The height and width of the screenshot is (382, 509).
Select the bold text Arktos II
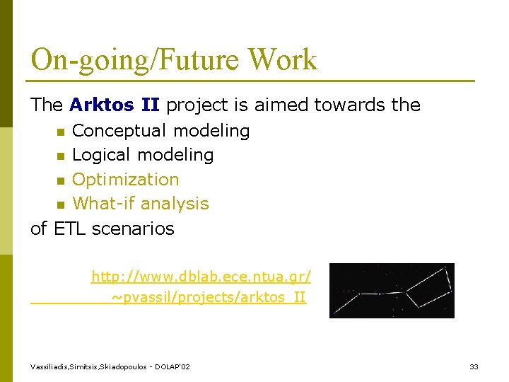pos(115,105)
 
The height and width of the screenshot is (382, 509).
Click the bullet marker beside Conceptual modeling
pos(61,132)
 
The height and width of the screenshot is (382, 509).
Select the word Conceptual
pos(119,131)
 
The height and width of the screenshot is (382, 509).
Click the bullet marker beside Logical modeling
pos(61,156)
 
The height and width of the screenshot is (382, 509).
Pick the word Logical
pos(100,156)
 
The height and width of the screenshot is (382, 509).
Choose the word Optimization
pos(126,180)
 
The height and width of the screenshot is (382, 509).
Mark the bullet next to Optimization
pos(61,180)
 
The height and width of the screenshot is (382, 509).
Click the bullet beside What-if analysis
pos(61,205)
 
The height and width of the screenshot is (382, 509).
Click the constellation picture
pos(392,291)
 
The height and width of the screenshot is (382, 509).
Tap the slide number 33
pos(474,366)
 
